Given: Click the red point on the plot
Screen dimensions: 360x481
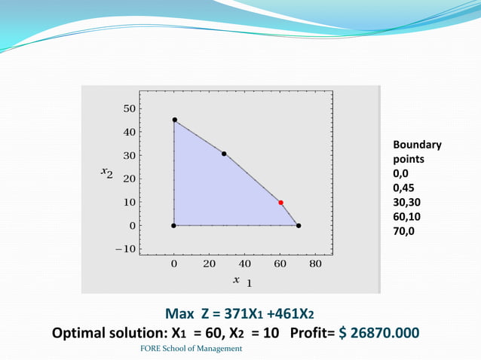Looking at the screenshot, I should [x=280, y=203].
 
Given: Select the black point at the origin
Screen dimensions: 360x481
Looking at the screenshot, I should [x=174, y=225].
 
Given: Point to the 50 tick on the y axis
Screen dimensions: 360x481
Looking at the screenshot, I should [x=129, y=108].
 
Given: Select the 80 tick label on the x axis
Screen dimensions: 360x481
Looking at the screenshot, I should [x=315, y=264].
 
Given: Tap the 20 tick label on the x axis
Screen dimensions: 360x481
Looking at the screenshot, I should [x=210, y=264].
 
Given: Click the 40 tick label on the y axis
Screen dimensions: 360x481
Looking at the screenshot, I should [x=129, y=132].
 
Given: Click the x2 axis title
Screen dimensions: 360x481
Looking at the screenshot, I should [x=107, y=173].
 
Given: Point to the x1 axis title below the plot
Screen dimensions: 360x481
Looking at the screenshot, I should [x=241, y=281].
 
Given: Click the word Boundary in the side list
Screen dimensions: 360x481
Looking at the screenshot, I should [x=417, y=145].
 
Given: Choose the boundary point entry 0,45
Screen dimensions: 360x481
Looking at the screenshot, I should [x=403, y=188].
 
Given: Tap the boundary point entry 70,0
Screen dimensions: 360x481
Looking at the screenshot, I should [x=404, y=231].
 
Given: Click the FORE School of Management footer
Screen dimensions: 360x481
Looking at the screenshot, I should [x=191, y=349].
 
